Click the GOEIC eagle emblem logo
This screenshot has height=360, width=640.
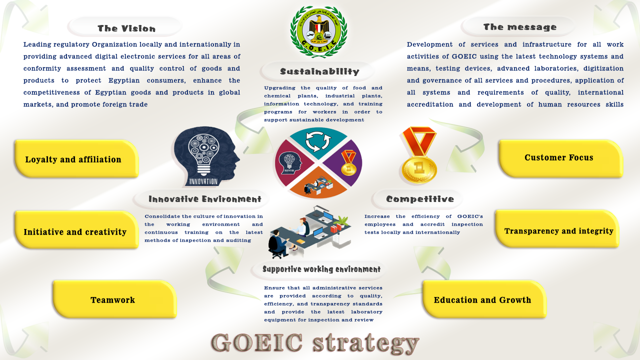pyautogui.click(x=318, y=32)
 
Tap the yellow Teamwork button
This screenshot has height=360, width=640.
pyautogui.click(x=115, y=299)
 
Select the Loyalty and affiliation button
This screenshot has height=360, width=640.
pyautogui.click(x=76, y=159)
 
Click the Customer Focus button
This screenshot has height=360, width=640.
pyautogui.click(x=561, y=158)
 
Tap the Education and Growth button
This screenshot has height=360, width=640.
pyautogui.click(x=484, y=299)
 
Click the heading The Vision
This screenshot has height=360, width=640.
pyautogui.click(x=126, y=28)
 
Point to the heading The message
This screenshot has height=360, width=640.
pyautogui.click(x=520, y=27)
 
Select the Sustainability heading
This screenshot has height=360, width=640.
pyautogui.click(x=319, y=71)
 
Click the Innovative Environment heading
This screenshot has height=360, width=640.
pyautogui.click(x=205, y=199)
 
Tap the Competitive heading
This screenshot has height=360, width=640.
pyautogui.click(x=420, y=199)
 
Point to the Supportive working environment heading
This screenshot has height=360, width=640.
pyautogui.click(x=321, y=269)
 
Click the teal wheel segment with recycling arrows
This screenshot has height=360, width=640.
pyautogui.click(x=318, y=141)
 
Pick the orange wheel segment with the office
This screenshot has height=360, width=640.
pyautogui.click(x=318, y=183)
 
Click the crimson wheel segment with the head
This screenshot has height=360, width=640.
pyautogui.click(x=293, y=163)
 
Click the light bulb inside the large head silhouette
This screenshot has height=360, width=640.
pyautogui.click(x=203, y=154)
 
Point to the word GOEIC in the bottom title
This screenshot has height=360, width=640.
pyautogui.click(x=257, y=342)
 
